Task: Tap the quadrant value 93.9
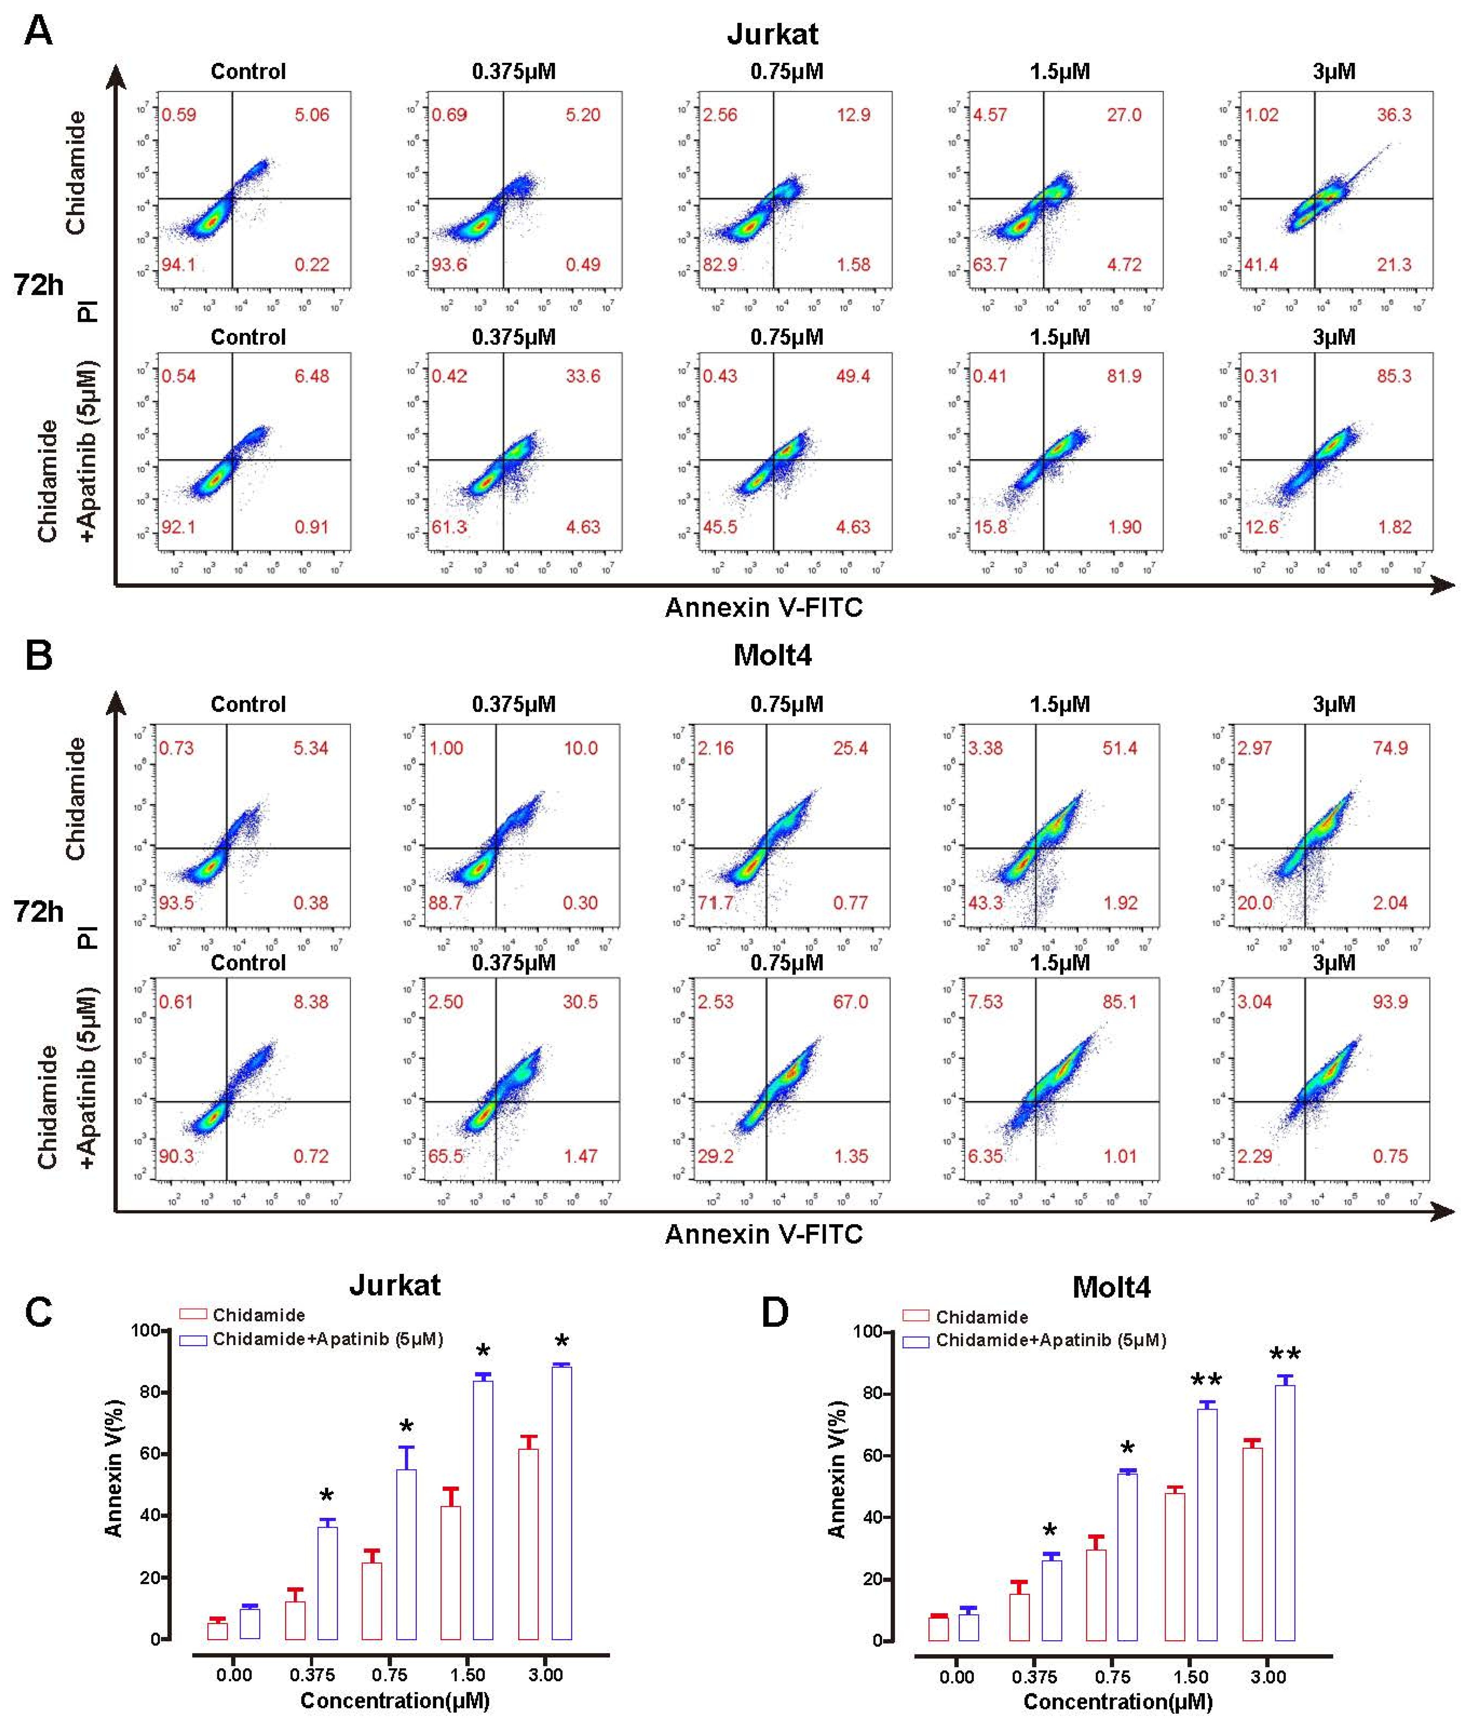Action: click(1390, 1002)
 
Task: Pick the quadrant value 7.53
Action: click(986, 1002)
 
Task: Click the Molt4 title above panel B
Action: click(772, 655)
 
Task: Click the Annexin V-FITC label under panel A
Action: click(763, 608)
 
